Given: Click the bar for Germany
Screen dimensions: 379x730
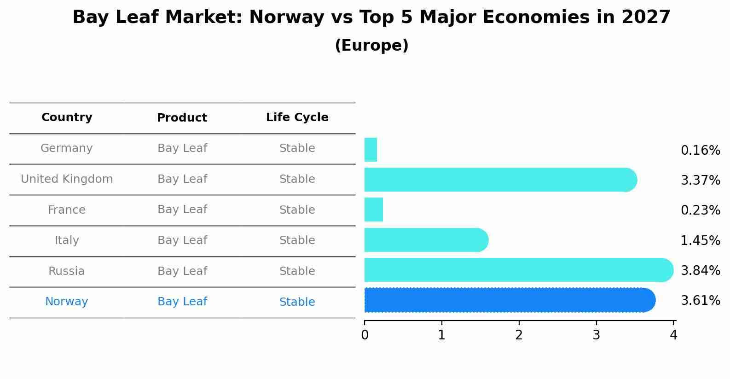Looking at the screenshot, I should coord(371,150).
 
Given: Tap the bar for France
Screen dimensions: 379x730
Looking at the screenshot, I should coord(373,210).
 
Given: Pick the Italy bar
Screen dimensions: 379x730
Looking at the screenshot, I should coord(426,240).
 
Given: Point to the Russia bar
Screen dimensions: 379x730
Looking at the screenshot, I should coord(518,270).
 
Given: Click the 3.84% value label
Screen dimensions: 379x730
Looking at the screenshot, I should coord(700,271).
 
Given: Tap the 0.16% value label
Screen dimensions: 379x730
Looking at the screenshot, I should coord(700,151).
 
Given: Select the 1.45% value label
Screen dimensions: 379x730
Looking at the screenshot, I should coord(700,240).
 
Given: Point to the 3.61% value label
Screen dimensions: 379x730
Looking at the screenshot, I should coord(700,301).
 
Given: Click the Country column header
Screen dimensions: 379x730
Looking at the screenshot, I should coord(67,117).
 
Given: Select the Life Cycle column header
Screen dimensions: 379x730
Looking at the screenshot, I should coord(297,117).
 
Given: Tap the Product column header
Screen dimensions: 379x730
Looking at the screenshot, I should coord(182,118).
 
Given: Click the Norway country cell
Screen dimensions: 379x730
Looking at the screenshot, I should coord(67,302).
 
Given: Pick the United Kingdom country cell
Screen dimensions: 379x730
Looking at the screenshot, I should coord(67,179).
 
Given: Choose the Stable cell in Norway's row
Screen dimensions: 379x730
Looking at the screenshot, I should coord(297,302).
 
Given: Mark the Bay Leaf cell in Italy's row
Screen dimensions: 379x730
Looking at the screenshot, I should coord(182,240).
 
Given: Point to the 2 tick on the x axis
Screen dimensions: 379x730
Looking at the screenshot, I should coord(519,335).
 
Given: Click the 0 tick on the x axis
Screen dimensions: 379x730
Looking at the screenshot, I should coord(365,335).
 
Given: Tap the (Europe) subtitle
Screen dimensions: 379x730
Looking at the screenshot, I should coord(371,46).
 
